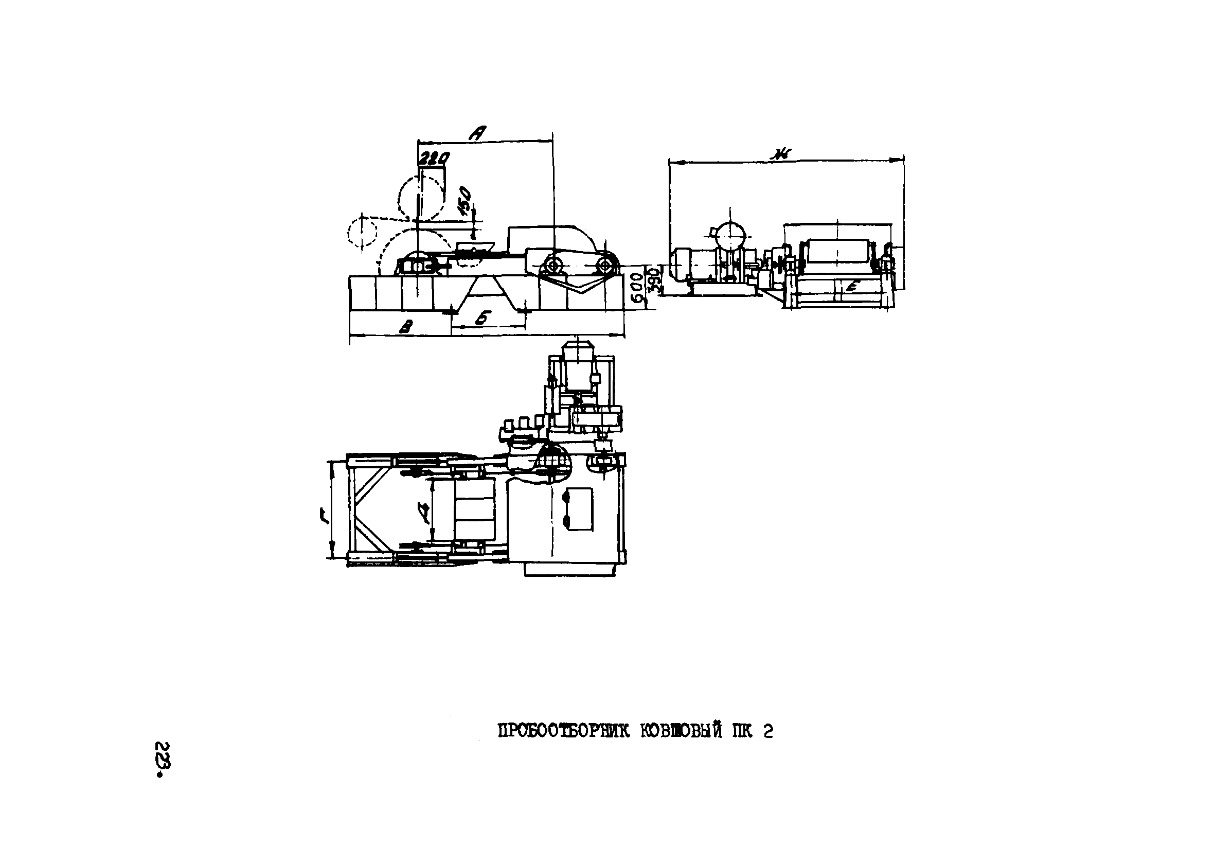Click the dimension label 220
(x=434, y=158)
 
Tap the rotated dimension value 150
(x=464, y=200)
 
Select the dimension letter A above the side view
(x=477, y=133)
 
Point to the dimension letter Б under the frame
(x=481, y=318)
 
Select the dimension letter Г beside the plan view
(x=323, y=515)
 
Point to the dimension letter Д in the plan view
(x=423, y=515)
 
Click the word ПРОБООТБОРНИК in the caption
(x=563, y=732)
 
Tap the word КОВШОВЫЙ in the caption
(x=681, y=732)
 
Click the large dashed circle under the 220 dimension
(x=421, y=198)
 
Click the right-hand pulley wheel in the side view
(x=604, y=265)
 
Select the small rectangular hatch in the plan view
(x=579, y=508)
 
